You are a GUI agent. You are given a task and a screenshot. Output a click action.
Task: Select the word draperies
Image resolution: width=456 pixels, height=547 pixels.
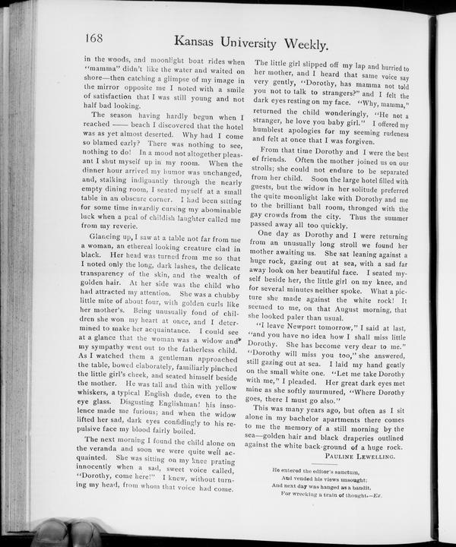(x=374, y=438)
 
